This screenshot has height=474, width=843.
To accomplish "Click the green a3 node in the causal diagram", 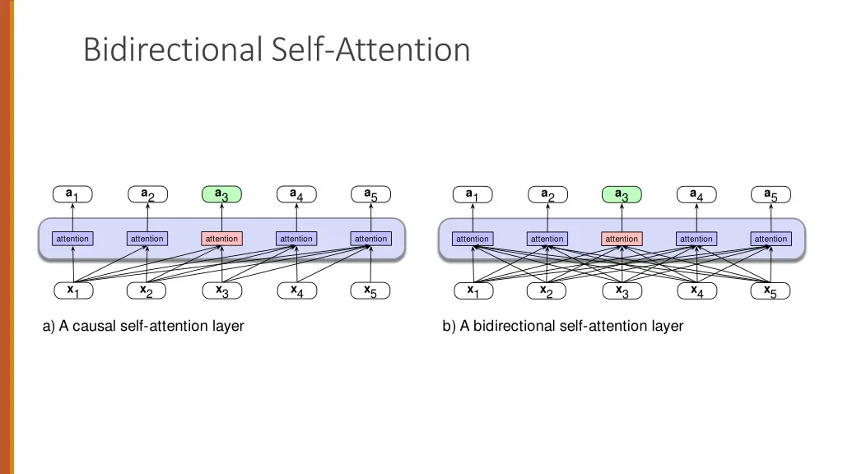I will [221, 195].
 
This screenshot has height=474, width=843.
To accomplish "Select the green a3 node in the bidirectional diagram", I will [622, 195].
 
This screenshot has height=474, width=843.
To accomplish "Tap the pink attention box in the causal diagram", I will [221, 239].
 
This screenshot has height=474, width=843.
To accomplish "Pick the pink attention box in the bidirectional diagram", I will [622, 239].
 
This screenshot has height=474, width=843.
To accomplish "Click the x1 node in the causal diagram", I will [72, 290].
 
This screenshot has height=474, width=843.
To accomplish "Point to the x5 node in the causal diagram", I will [370, 290].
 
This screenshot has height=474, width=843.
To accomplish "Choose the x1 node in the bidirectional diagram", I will [473, 290].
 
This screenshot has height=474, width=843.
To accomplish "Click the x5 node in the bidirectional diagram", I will [771, 290].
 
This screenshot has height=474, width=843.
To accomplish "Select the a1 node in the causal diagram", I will [72, 195].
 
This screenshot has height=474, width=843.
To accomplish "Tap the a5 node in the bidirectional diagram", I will [771, 195].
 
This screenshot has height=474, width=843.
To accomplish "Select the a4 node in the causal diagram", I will [296, 195].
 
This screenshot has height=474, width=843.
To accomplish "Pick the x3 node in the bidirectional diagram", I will [622, 290].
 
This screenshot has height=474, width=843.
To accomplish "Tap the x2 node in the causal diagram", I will [147, 290].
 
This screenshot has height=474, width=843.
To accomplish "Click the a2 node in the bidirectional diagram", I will [547, 195].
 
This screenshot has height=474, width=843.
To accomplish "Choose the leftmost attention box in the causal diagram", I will [72, 239].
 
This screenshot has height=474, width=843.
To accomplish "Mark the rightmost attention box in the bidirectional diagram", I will [771, 239].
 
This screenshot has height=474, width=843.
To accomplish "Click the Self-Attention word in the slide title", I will [370, 49].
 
